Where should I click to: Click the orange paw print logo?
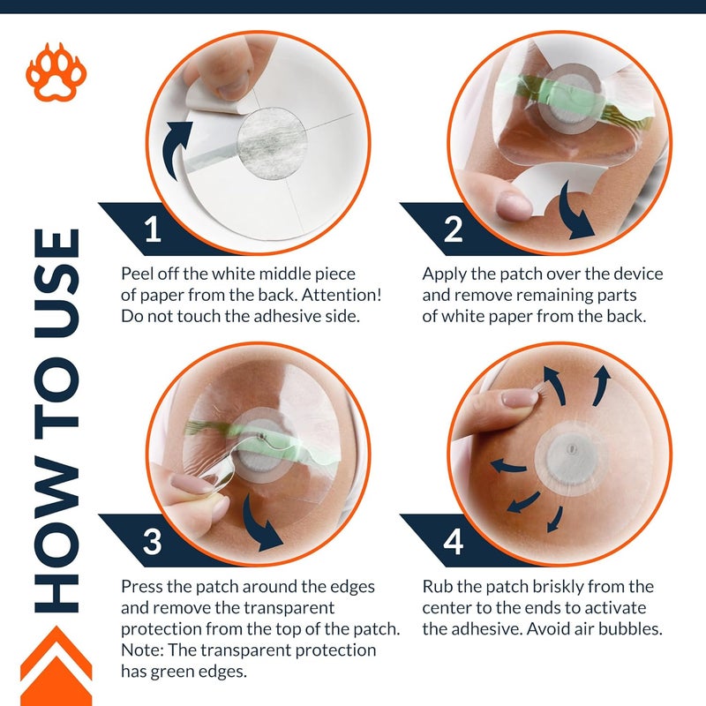(56, 72)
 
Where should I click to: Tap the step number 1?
(154, 229)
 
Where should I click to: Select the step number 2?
(453, 229)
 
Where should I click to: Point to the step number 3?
(152, 542)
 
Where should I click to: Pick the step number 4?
(453, 542)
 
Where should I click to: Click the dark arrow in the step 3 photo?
(259, 523)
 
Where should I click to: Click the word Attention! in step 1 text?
(342, 295)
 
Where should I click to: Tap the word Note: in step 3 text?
(142, 650)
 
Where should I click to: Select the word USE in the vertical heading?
(56, 283)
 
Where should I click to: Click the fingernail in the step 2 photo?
(514, 206)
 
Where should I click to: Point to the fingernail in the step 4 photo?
(520, 398)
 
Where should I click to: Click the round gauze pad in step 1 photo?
(272, 144)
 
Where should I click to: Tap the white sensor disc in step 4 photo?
(571, 459)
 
